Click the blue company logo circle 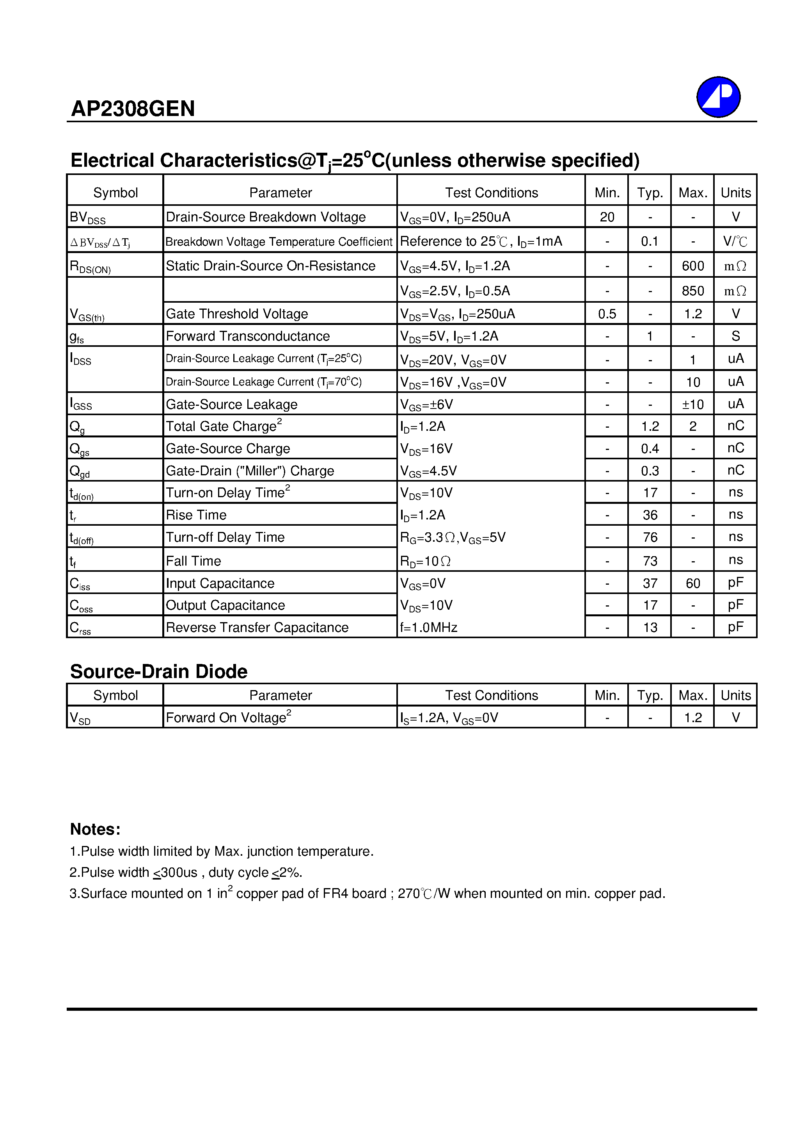coord(718,97)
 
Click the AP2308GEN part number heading coord(133,109)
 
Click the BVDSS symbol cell coord(87,218)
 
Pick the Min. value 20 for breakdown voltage coord(607,218)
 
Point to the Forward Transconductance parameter coord(247,336)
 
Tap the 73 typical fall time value coord(650,561)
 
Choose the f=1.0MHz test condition coord(428,628)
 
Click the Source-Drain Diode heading coord(158,671)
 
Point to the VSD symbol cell coord(80,718)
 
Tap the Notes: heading coord(95,829)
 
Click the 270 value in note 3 coord(408,894)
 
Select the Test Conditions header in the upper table coord(491,193)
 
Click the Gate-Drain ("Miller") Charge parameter coord(249,471)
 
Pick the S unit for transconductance coord(735,336)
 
